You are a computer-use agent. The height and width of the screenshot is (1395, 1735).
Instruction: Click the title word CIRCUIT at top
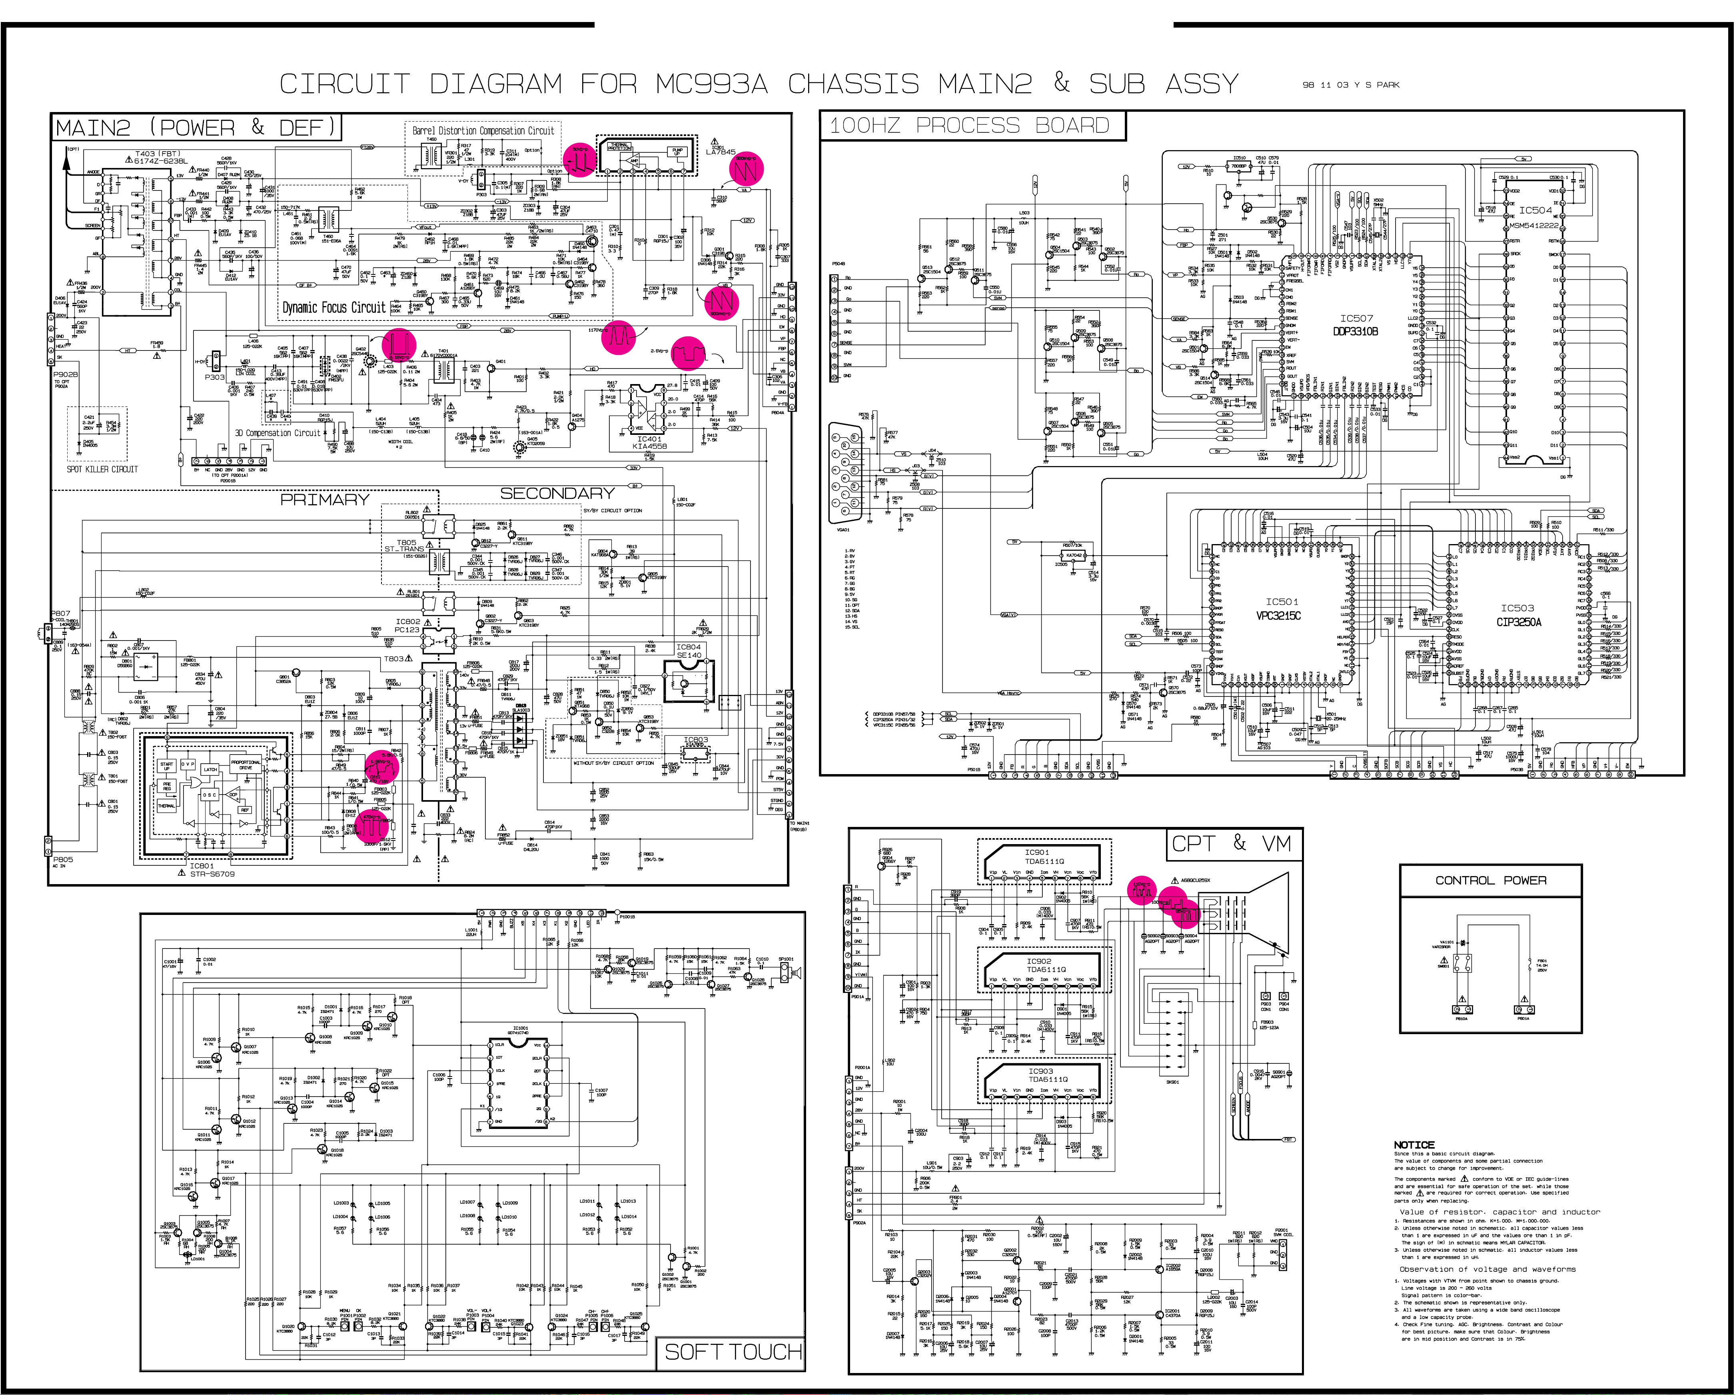tap(344, 84)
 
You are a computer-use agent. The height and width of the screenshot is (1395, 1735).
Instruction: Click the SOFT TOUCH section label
tap(732, 1351)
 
